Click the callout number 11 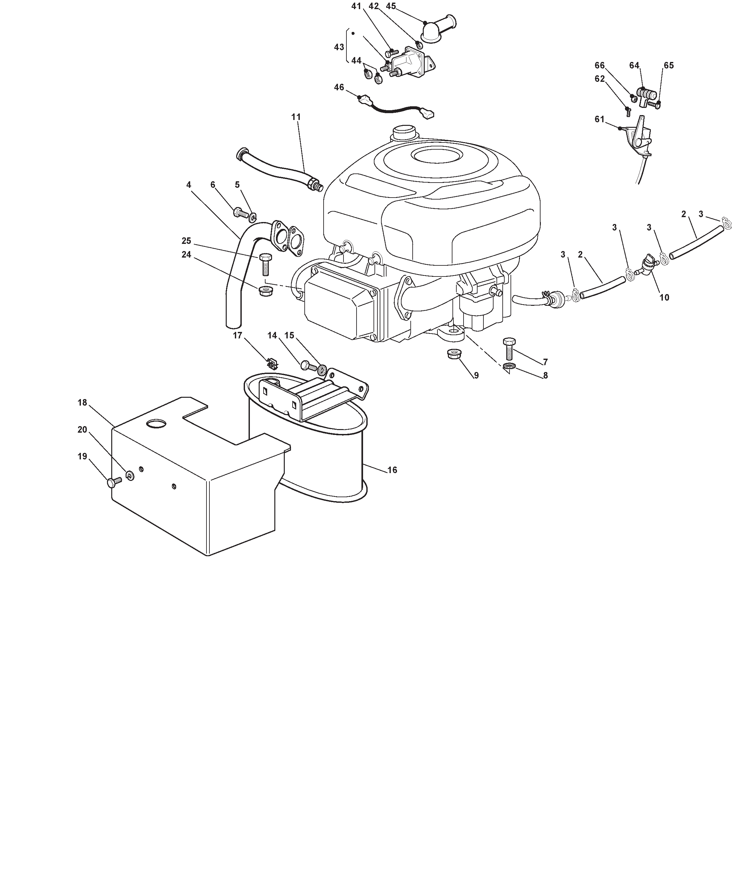point(296,117)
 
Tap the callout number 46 point(339,87)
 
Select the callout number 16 point(392,470)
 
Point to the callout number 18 point(82,402)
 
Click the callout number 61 point(600,119)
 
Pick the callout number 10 point(664,298)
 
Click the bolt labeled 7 point(509,348)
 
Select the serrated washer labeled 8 point(509,367)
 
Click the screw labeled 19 point(114,482)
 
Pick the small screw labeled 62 point(628,111)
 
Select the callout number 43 point(339,47)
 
